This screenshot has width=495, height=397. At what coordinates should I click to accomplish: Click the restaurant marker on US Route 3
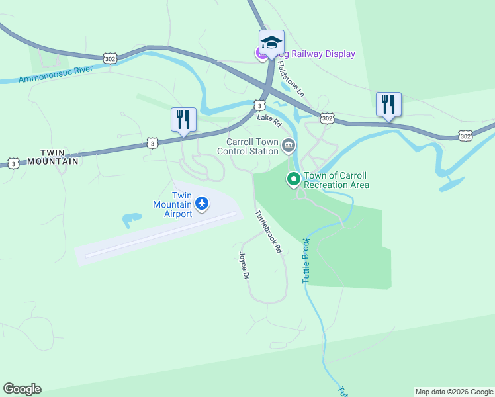tap(183, 120)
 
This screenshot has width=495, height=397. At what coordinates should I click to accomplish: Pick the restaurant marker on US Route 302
tap(388, 104)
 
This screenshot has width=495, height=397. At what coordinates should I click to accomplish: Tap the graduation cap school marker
tap(271, 42)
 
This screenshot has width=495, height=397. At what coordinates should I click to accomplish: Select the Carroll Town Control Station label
tap(251, 146)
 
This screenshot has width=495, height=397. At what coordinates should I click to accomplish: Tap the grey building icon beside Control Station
tap(288, 146)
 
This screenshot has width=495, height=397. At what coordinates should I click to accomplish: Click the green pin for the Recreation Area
tap(292, 179)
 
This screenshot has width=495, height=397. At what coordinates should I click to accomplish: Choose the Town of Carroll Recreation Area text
tap(336, 180)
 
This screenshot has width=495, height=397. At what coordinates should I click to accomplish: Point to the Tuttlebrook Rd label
tap(269, 232)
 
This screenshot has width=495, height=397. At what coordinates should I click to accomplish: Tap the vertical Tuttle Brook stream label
tap(306, 260)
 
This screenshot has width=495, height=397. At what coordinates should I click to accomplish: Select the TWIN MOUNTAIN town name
tap(50, 156)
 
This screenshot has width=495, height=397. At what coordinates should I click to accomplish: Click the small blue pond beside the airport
tap(131, 218)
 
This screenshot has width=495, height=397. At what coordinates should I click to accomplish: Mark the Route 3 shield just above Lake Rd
tap(260, 105)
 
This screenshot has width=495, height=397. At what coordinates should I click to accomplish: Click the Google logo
tap(22, 389)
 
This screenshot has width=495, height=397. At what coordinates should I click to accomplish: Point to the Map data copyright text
tap(454, 392)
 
